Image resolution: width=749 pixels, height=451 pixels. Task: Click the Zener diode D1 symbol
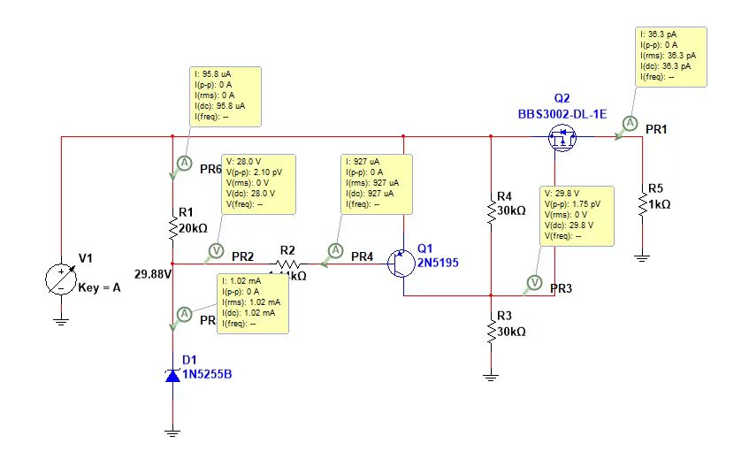(x=172, y=375)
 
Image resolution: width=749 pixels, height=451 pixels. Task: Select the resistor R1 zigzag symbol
(x=173, y=227)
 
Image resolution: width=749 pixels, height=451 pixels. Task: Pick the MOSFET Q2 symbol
(x=559, y=137)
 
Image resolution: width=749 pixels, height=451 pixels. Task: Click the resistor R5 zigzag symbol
(x=642, y=203)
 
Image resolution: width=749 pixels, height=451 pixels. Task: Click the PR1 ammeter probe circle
(x=628, y=122)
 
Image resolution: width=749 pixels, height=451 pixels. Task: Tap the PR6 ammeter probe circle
(x=183, y=163)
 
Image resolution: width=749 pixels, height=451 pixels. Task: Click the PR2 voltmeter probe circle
(x=211, y=250)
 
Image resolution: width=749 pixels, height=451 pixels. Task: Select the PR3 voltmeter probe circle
(x=533, y=282)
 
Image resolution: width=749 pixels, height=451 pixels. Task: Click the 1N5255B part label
(x=207, y=373)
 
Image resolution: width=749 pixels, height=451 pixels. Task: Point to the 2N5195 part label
(x=439, y=263)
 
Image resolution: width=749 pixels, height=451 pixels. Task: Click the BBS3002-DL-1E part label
(x=562, y=113)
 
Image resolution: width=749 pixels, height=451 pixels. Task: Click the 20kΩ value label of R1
(x=193, y=227)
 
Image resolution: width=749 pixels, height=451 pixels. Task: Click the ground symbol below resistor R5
(x=642, y=256)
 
